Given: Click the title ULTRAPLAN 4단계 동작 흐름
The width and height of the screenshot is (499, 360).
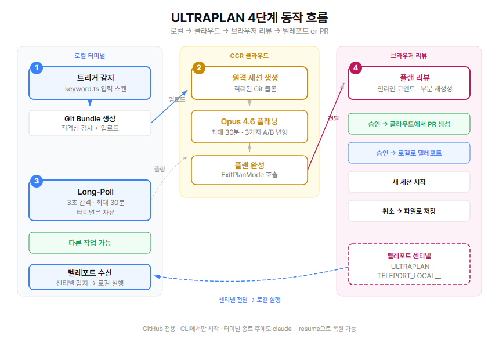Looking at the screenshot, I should tap(249, 17).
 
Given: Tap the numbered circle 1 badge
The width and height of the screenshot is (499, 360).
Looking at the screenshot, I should tap(37, 68).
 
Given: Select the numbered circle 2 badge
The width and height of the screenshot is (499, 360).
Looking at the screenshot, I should tap(199, 68).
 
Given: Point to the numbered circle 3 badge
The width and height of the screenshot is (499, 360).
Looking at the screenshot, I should tap(37, 181).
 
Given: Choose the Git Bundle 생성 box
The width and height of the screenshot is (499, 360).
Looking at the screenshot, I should tap(90, 123).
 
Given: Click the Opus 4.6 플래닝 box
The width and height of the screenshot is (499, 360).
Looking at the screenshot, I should tap(249, 127).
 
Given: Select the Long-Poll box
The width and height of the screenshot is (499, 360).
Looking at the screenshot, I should tap(90, 201).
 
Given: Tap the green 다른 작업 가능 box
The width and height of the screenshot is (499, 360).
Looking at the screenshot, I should tap(90, 243).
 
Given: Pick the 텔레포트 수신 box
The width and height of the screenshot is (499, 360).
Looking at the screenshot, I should tap(90, 278).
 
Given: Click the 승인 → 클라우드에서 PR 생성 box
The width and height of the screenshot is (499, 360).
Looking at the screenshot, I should tap(409, 124).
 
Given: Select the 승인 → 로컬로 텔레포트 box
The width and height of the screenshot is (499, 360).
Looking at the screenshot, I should tap(409, 153).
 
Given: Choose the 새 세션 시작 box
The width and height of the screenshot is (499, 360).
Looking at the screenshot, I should tap(409, 182).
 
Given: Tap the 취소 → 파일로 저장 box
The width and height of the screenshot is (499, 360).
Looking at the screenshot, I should tap(409, 211).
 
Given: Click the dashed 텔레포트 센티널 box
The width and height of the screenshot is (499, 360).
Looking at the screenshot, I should tap(409, 264).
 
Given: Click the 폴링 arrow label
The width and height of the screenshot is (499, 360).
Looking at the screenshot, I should tap(160, 168).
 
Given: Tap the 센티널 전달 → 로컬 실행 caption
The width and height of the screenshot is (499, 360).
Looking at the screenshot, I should tap(249, 300).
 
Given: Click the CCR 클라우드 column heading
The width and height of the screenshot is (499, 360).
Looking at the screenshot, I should tap(249, 56).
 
